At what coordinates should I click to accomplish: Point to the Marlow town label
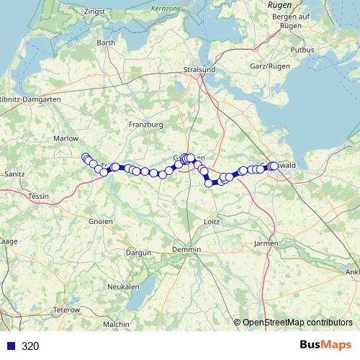66,138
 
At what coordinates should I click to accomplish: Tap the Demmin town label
186,249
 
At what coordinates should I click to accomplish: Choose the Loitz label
212,222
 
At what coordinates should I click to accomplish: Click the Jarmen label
266,244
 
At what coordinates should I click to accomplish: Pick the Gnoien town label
101,222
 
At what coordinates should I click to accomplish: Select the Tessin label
38,196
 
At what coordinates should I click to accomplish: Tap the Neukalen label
123,287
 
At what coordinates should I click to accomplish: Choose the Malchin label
116,325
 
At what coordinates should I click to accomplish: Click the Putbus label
303,50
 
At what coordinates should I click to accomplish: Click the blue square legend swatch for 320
11,346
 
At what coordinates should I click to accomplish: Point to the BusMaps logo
325,346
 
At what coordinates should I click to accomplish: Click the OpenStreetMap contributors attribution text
297,323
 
